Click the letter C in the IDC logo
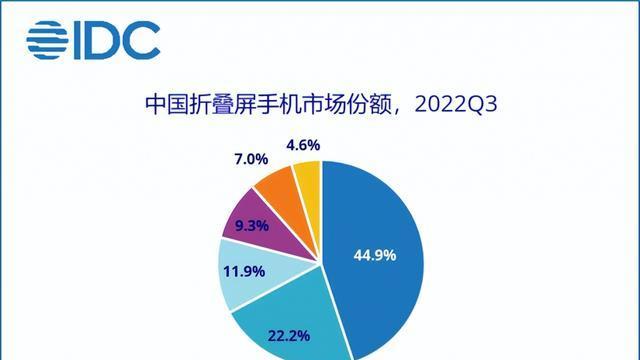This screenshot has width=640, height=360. (143, 40)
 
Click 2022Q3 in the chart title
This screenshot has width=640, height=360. (461, 104)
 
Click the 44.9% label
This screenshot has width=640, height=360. (376, 255)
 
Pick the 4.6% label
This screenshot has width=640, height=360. (302, 145)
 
